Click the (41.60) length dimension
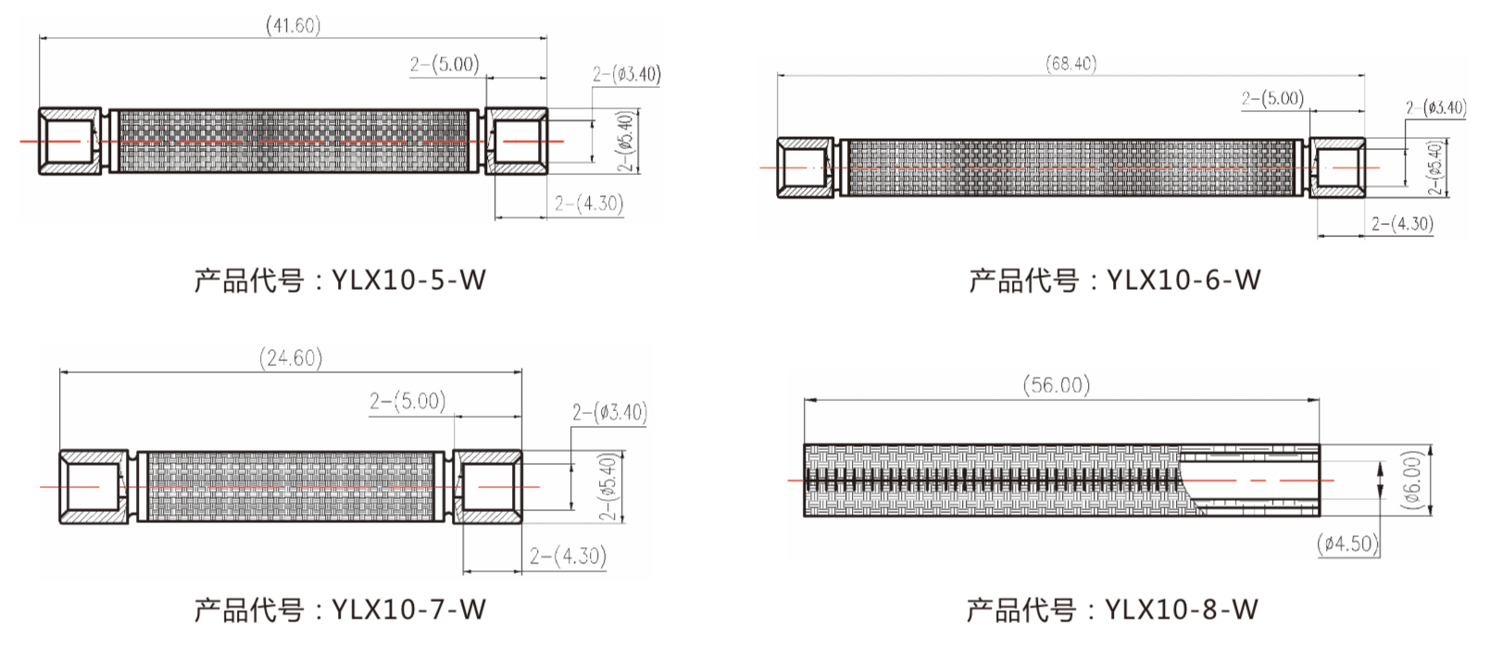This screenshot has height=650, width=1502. pyautogui.click(x=294, y=25)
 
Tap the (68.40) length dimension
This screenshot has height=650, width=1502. pyautogui.click(x=1071, y=64)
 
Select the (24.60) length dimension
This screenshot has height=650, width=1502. pyautogui.click(x=291, y=358)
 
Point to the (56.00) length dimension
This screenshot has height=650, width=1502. pyautogui.click(x=1057, y=385)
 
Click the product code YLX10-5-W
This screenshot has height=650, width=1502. pyautogui.click(x=408, y=279)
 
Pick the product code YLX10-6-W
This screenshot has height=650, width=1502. pyautogui.click(x=1183, y=279)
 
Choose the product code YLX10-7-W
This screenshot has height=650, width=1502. pyautogui.click(x=408, y=609)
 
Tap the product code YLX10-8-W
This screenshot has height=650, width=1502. pyautogui.click(x=1182, y=609)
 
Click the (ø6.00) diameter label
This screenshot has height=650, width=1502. pyautogui.click(x=1412, y=480)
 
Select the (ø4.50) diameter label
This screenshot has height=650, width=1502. pyautogui.click(x=1348, y=544)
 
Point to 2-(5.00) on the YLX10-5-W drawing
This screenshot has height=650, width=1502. pyautogui.click(x=444, y=64)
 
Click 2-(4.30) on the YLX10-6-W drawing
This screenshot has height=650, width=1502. pyautogui.click(x=1402, y=224)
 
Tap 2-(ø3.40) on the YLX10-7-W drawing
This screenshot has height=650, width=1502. pyautogui.click(x=609, y=412)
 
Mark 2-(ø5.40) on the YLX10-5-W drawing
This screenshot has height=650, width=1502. pyautogui.click(x=626, y=141)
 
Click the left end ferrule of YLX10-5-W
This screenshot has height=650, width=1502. pyautogui.click(x=70, y=141)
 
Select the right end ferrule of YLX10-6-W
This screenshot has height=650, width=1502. pyautogui.click(x=1337, y=168)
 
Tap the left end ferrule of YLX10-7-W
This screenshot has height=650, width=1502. pyautogui.click(x=94, y=486)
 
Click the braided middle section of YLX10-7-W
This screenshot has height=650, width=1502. pyautogui.click(x=291, y=486)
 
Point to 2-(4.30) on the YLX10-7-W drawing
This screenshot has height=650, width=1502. pyautogui.click(x=568, y=556)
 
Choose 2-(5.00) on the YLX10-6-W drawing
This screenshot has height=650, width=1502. pyautogui.click(x=1272, y=98)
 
